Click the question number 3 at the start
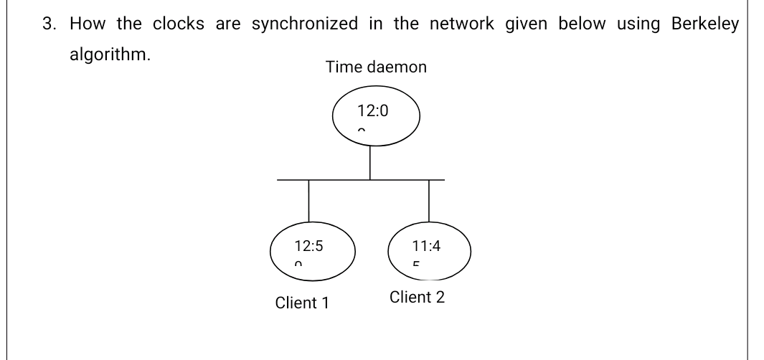(47, 24)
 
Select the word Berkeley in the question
(704, 24)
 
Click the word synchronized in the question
(305, 24)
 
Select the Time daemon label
(376, 67)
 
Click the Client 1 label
(302, 303)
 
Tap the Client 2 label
(417, 297)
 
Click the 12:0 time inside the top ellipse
(372, 111)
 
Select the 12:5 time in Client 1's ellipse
(308, 246)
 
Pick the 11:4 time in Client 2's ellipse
(426, 246)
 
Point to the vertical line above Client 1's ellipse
(308, 202)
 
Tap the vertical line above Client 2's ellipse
(429, 202)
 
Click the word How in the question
(88, 24)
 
